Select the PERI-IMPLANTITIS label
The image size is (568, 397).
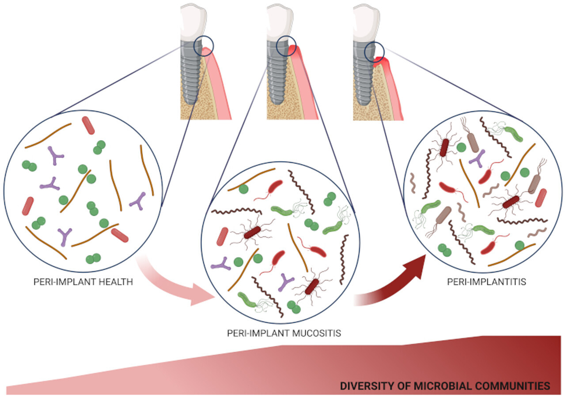[x=486, y=281]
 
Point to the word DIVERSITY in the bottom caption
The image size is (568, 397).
[x=364, y=386]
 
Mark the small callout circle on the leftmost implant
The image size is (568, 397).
[x=204, y=45]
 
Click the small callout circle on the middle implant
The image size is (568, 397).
[x=286, y=45]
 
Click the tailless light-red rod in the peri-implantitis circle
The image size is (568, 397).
[x=541, y=198]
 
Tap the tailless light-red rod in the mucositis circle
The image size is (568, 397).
[x=223, y=236]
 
